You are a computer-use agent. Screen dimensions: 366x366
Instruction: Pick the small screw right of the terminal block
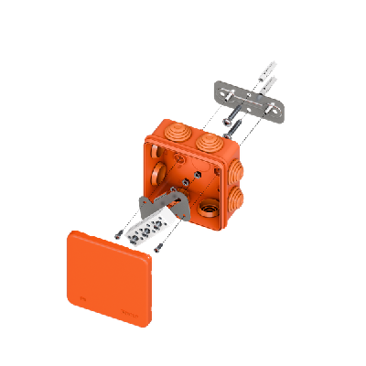click(x=160, y=245)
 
